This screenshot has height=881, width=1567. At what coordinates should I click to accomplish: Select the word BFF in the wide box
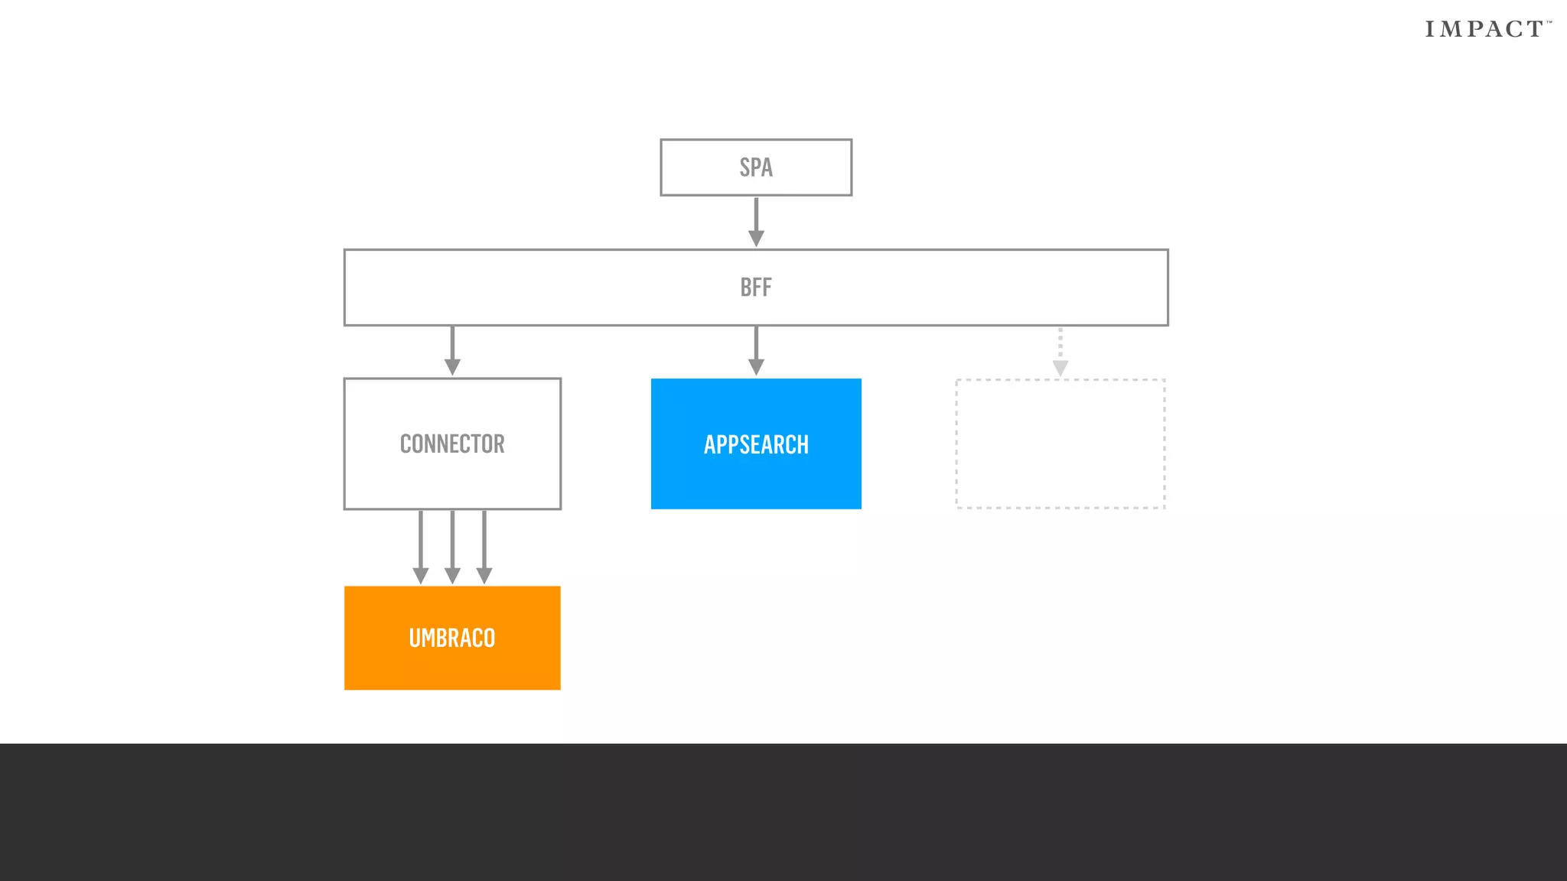coord(756,288)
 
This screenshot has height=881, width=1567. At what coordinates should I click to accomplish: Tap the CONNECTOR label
coord(452,444)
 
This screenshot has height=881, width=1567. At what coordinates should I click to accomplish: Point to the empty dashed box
coord(1060,444)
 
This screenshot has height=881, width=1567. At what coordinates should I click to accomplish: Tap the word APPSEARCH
coord(756,445)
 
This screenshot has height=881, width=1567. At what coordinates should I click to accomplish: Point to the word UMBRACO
coord(452,638)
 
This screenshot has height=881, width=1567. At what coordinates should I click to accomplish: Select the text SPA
coord(756,167)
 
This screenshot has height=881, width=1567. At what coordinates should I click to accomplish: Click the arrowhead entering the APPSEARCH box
coord(756,367)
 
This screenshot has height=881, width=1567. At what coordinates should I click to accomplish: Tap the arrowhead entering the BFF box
coord(756,239)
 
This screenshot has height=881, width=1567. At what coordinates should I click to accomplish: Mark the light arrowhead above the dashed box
coord(1060,369)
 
